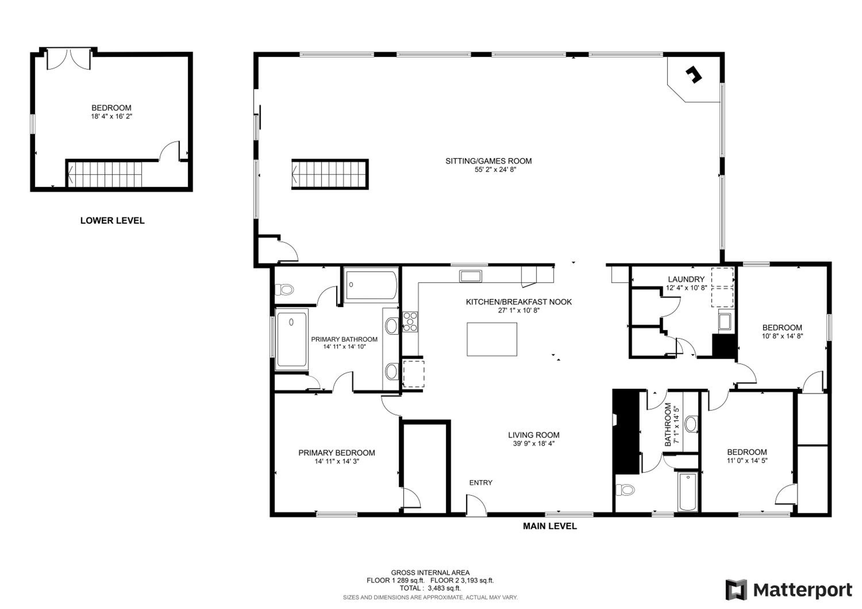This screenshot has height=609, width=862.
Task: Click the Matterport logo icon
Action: tap(737, 590)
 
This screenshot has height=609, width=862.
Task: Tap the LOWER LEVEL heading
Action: tap(112, 221)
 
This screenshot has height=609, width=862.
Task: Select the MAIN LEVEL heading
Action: tap(550, 526)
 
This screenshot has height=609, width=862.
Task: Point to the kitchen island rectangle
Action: tap(492, 339)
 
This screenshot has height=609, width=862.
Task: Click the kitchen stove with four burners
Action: tap(410, 322)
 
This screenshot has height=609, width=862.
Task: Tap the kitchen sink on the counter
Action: tap(470, 276)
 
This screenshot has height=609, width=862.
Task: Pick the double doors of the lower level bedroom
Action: tap(69, 59)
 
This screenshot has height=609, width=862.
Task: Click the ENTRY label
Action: tap(480, 483)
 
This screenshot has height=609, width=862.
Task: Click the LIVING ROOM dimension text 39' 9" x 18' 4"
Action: tap(534, 444)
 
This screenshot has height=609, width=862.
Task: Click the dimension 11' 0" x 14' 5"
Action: tap(747, 461)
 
